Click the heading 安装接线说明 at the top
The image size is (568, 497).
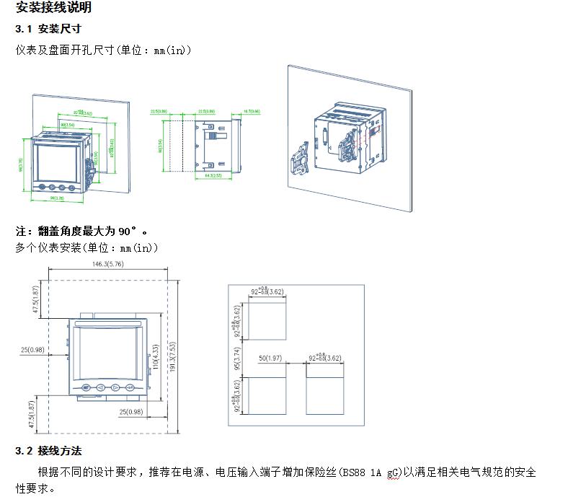pos(53,9)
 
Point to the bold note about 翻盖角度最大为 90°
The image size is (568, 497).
pos(81,232)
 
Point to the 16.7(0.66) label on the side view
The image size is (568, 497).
pos(251,112)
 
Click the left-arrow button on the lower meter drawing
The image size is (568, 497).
pos(101,388)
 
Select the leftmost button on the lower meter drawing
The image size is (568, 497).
pos(86,388)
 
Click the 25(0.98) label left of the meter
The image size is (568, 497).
pos(32,350)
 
